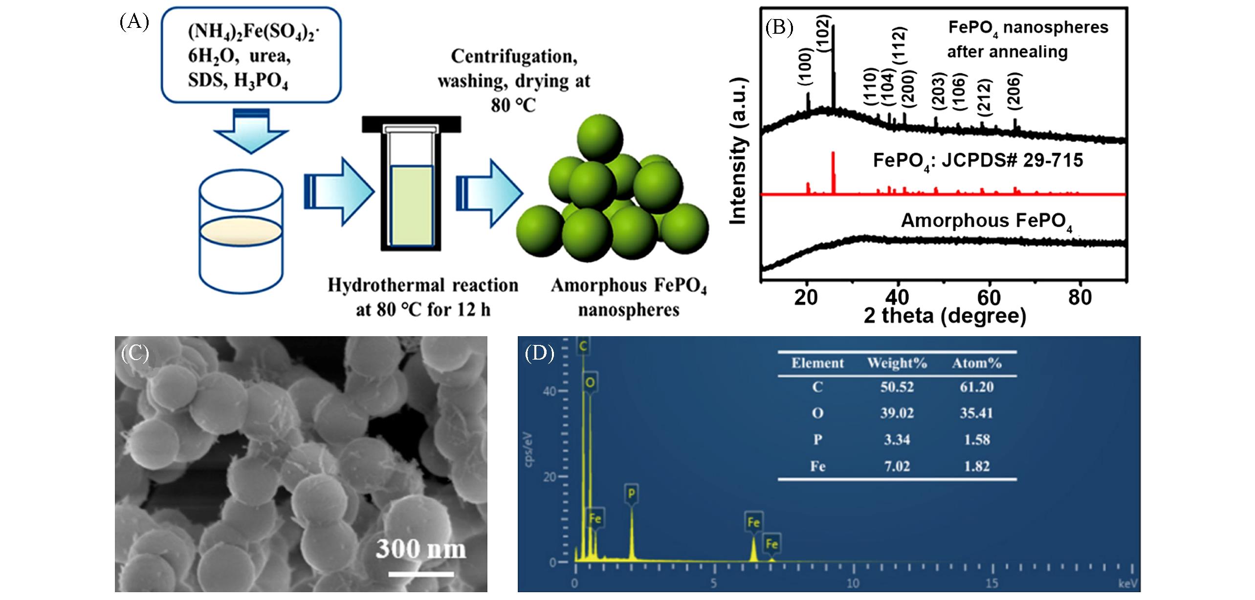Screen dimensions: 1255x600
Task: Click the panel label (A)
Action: pyautogui.click(x=134, y=23)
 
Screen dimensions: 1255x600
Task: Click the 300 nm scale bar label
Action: pyautogui.click(x=420, y=549)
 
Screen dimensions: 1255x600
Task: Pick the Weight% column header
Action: pyautogui.click(x=897, y=363)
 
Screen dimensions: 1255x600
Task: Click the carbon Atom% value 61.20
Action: pyautogui.click(x=976, y=387)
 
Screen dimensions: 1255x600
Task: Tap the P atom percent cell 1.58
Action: pyautogui.click(x=977, y=439)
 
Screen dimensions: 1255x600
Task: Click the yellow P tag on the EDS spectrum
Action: pyautogui.click(x=631, y=494)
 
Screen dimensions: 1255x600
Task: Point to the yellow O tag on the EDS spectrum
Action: pyautogui.click(x=590, y=383)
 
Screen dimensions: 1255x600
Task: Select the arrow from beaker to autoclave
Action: pyautogui.click(x=339, y=192)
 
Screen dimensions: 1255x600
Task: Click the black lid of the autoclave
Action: pyautogui.click(x=411, y=124)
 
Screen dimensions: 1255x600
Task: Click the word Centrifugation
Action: pyautogui.click(x=514, y=57)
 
